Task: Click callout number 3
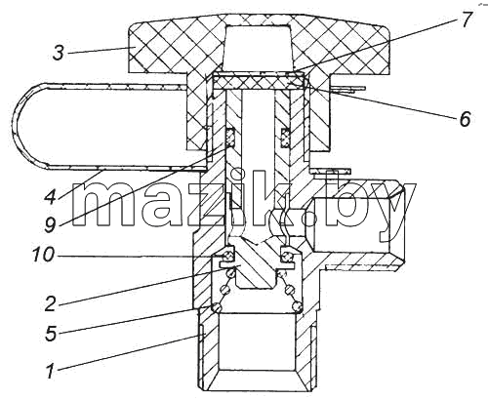point(59,53)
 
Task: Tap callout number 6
point(465,119)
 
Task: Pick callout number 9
point(51,224)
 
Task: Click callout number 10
point(43,255)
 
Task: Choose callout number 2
point(51,303)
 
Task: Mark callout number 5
point(51,334)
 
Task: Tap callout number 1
point(50,372)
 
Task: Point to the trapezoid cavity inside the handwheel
point(257,48)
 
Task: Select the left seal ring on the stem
point(230,138)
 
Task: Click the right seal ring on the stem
point(286,138)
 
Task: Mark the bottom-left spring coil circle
point(219,306)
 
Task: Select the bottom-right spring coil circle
point(298,306)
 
